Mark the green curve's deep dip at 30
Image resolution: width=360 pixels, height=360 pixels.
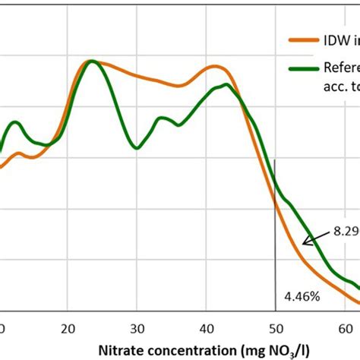point(137,147)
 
